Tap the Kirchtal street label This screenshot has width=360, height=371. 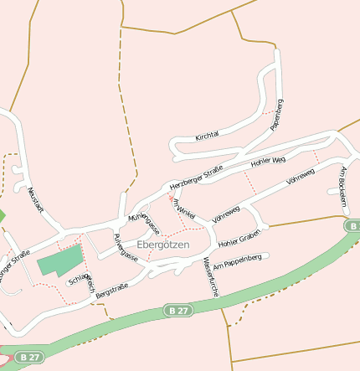pyautogui.click(x=207, y=136)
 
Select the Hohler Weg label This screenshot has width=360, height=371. pyautogui.click(x=268, y=160)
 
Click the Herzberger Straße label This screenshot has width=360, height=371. pyautogui.click(x=197, y=178)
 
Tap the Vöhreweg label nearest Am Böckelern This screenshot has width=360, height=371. pyautogui.click(x=300, y=177)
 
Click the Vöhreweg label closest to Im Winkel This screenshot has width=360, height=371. pyautogui.click(x=226, y=214)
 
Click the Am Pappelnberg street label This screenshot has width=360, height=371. pyautogui.click(x=238, y=261)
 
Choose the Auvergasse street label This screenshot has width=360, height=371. pyautogui.click(x=126, y=248)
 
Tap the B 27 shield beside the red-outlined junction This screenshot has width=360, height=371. pyautogui.click(x=28, y=356)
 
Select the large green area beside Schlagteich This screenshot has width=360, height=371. pyautogui.click(x=61, y=260)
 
